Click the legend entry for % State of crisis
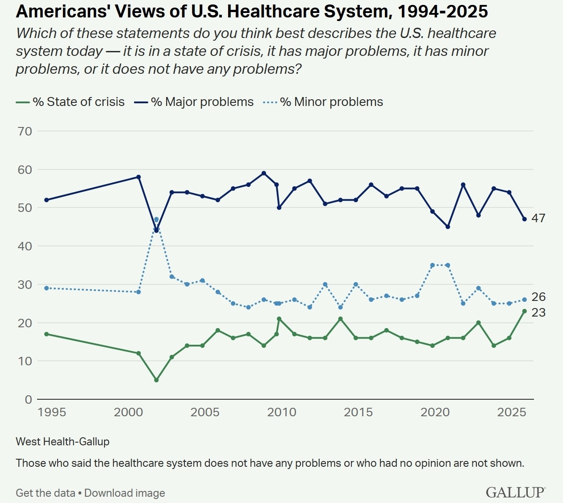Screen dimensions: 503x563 pyautogui.click(x=79, y=102)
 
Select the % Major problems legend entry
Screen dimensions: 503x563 pyautogui.click(x=202, y=102)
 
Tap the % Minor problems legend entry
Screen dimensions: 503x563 pyautogui.click(x=331, y=102)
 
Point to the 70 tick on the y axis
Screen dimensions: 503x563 pyautogui.click(x=25, y=131)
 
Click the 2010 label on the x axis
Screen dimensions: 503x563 pyautogui.click(x=282, y=412)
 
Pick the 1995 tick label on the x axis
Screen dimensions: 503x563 pyautogui.click(x=52, y=412)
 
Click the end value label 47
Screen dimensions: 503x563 pyautogui.click(x=538, y=218)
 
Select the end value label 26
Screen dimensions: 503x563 pyautogui.click(x=538, y=297)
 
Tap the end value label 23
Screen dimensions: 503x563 pyautogui.click(x=538, y=312)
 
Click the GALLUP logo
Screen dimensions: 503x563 pyautogui.click(x=515, y=492)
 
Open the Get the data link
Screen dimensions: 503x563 pyautogui.click(x=46, y=493)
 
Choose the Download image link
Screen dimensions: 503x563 pyautogui.click(x=125, y=493)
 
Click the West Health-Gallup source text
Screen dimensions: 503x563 pyautogui.click(x=63, y=442)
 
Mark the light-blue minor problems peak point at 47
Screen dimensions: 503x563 pyautogui.click(x=156, y=220)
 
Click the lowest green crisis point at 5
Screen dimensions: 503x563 pyautogui.click(x=156, y=380)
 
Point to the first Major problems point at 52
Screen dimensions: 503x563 pyautogui.click(x=46, y=200)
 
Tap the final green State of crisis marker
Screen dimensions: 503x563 pyautogui.click(x=525, y=311)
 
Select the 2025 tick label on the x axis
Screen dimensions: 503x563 pyautogui.click(x=512, y=412)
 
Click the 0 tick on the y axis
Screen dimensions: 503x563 pyautogui.click(x=29, y=399)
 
